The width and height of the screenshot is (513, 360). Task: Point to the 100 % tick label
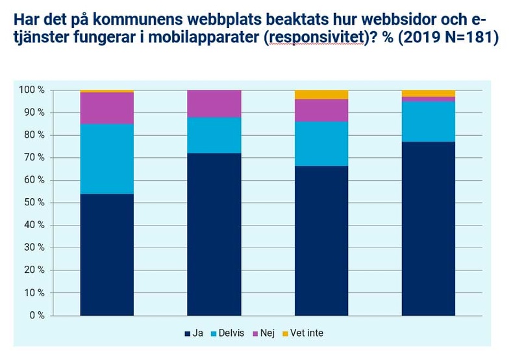click(31, 90)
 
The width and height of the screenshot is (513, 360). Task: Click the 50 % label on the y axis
click(32, 203)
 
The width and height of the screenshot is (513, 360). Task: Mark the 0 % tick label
click(35, 316)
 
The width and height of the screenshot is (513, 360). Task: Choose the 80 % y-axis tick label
click(32, 135)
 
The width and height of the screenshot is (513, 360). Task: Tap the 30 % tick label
click(32, 248)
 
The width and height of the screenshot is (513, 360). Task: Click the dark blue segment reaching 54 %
click(106, 255)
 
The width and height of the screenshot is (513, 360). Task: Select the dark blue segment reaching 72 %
click(214, 235)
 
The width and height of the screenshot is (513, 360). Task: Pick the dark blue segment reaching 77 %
click(429, 229)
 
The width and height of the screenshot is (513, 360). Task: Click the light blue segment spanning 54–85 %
click(106, 159)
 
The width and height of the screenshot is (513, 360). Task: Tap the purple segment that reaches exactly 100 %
click(214, 103)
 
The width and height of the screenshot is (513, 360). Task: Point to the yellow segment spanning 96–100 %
click(321, 94)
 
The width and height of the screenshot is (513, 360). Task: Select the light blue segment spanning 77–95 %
click(429, 122)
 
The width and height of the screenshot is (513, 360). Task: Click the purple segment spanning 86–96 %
click(321, 110)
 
